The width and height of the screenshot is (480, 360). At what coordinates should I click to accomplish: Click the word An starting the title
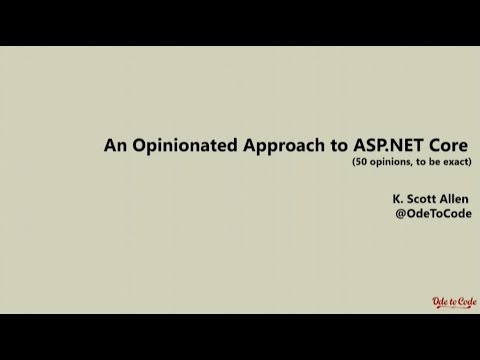coord(115,145)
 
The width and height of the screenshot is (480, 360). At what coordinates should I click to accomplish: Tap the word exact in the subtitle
coord(456,162)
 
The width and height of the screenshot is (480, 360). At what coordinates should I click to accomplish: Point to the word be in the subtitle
coord(433,162)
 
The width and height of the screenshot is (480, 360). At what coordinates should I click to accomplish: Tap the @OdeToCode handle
coord(432,214)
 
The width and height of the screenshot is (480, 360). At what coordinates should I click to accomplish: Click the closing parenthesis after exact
coord(470,162)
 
